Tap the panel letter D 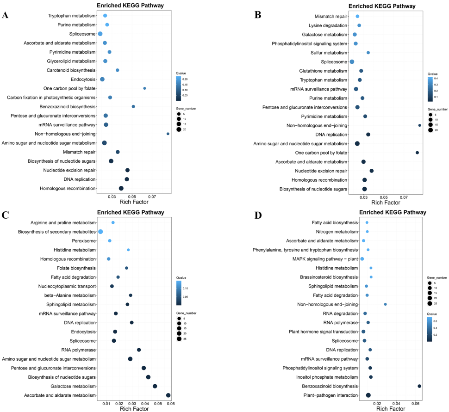click(x=258, y=215)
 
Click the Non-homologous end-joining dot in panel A click(x=168, y=134)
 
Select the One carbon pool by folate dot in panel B click(x=417, y=153)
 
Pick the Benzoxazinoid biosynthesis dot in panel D click(x=419, y=386)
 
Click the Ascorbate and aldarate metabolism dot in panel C click(x=168, y=395)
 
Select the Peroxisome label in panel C click(x=84, y=241)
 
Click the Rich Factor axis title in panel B click(x=386, y=203)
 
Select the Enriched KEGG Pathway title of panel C click(x=130, y=213)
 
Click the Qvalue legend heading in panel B click(x=432, y=74)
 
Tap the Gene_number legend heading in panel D click(x=437, y=278)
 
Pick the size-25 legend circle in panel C click(x=179, y=339)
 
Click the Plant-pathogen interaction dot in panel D click(x=368, y=395)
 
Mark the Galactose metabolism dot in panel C click(x=155, y=386)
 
